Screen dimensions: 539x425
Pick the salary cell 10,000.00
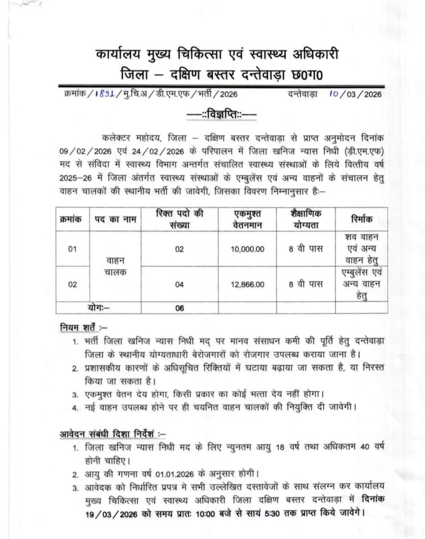(247, 248)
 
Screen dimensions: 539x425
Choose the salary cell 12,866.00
(247, 284)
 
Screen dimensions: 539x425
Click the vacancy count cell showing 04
(180, 284)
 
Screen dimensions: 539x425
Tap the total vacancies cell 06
(180, 308)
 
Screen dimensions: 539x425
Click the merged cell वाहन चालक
(115, 266)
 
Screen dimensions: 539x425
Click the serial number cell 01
(73, 248)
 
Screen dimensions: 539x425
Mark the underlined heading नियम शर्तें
(82, 328)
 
